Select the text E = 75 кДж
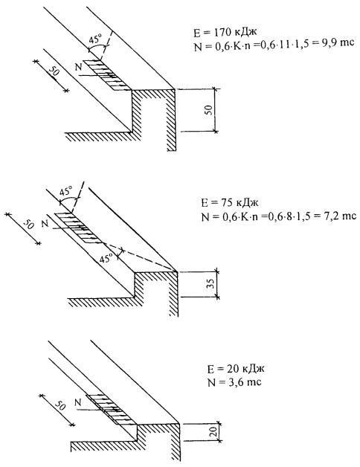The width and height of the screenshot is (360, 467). tap(230, 203)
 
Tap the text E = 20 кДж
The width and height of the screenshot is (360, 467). tap(236, 369)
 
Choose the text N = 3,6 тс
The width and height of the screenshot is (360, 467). tap(234, 382)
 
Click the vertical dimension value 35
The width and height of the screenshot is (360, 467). tap(210, 284)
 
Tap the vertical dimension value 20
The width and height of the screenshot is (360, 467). tap(213, 432)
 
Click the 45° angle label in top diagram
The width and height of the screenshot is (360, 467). tap(96, 39)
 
